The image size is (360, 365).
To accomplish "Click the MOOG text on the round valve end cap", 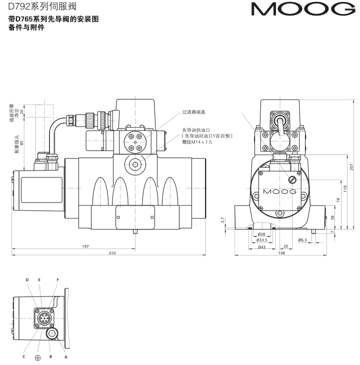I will click(x=279, y=191).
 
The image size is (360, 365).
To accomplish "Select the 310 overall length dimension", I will click(x=112, y=253).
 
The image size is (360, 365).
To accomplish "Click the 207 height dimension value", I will click(x=351, y=166).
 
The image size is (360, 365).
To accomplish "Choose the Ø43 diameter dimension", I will click(x=261, y=246).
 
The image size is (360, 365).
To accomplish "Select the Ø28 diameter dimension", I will click(x=260, y=234).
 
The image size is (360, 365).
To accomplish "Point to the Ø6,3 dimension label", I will click(x=302, y=240).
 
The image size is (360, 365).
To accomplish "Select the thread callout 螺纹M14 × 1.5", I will click(x=198, y=142).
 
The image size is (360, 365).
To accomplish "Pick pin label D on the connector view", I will click(x=28, y=280).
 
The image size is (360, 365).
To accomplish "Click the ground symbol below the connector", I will click(x=37, y=357).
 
